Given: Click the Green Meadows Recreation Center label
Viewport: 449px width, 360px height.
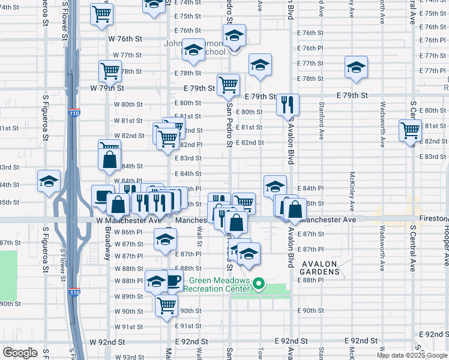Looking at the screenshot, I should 217,284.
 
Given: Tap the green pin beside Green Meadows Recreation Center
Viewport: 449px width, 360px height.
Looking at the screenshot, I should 259,284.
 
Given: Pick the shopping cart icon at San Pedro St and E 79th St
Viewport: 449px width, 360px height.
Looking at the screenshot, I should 228,85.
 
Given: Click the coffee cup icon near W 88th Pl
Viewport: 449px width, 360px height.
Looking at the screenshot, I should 173,280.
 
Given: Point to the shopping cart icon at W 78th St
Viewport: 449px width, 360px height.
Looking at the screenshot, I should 110,71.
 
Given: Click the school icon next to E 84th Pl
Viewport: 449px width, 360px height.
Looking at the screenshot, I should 275,185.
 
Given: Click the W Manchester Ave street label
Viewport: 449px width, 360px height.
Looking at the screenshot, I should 128,221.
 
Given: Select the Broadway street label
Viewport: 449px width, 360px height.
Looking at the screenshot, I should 107,244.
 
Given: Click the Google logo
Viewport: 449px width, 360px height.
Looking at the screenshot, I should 20,352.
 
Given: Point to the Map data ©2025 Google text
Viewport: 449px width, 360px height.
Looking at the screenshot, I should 411,355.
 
